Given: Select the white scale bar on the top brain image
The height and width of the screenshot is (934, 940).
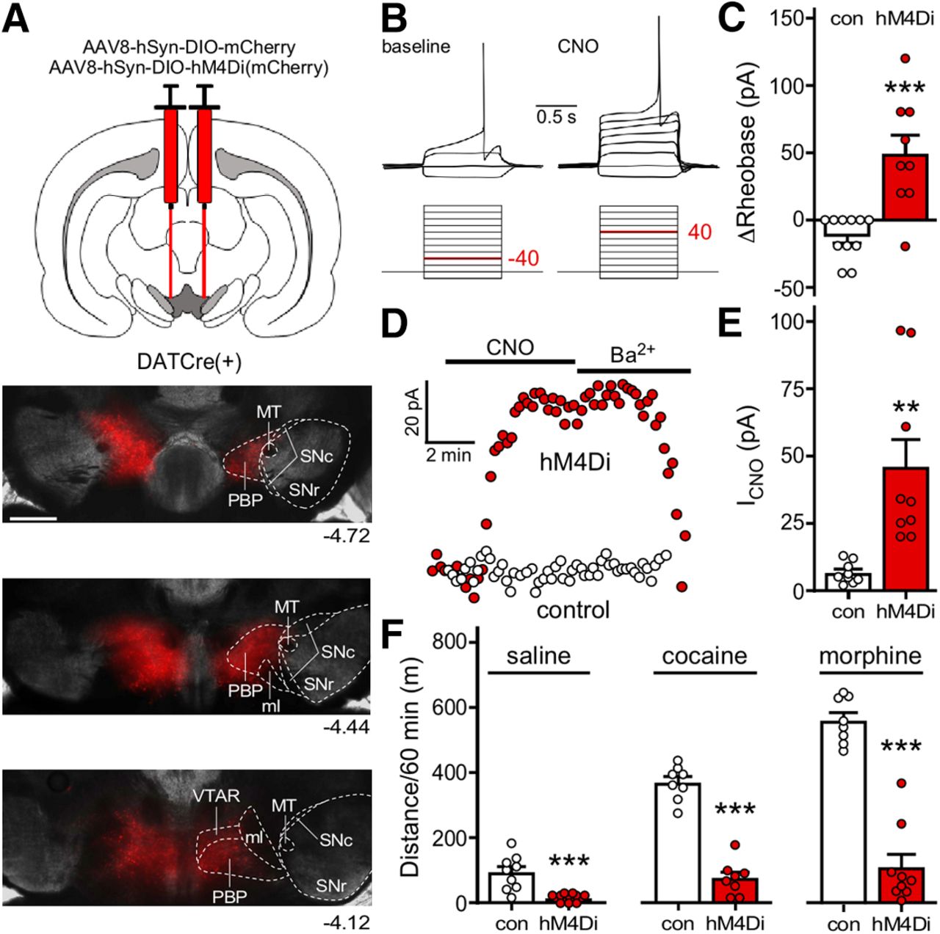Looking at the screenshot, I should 33,518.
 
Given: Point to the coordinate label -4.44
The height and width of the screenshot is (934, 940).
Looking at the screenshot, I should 345,727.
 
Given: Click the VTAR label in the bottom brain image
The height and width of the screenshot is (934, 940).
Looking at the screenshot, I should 217,795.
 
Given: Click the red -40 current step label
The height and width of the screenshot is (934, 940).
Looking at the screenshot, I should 523,259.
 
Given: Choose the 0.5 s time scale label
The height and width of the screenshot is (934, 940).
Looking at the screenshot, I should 556,117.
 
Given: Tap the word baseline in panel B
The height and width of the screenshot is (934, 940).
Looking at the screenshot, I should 416,47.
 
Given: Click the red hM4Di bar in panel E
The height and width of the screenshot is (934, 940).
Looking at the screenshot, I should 905,528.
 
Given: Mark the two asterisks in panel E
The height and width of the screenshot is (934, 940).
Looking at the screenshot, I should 905,406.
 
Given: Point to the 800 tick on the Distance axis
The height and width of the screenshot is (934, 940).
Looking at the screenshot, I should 454,643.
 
